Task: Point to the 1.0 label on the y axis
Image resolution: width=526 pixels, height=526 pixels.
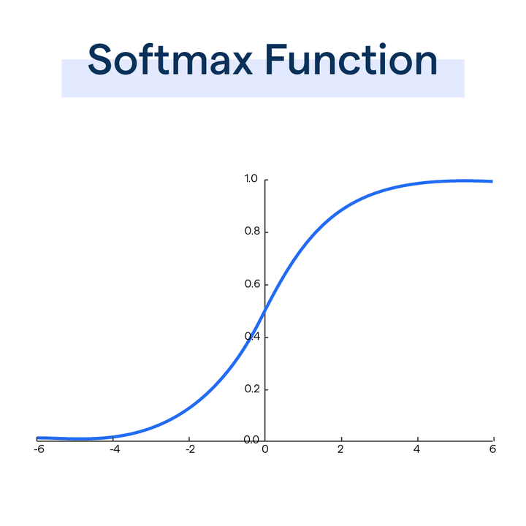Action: (x=252, y=180)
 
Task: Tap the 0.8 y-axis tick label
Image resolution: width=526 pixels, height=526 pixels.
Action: (x=252, y=232)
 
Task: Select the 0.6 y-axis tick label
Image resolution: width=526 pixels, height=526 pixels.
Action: (x=252, y=284)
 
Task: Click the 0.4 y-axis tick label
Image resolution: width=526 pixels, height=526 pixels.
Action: (x=252, y=337)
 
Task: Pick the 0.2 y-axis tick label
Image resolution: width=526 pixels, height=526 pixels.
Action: (x=252, y=389)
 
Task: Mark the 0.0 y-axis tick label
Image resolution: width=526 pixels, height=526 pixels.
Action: (x=252, y=439)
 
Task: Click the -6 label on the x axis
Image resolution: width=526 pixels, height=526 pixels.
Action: (x=39, y=449)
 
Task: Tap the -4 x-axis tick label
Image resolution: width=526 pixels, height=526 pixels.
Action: (x=115, y=449)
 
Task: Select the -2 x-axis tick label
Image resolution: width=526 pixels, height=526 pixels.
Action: (x=189, y=449)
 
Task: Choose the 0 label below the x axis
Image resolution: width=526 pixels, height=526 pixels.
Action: (x=265, y=449)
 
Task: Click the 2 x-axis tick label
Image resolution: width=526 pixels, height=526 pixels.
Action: (x=341, y=449)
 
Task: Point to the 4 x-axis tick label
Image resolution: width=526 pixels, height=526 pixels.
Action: (x=417, y=449)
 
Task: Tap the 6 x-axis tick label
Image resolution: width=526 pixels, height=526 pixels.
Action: (x=493, y=449)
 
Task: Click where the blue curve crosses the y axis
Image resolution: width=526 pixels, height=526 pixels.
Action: (x=265, y=310)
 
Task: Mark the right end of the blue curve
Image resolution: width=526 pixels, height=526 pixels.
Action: (x=492, y=181)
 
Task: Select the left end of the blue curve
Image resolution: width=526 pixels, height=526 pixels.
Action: (x=38, y=438)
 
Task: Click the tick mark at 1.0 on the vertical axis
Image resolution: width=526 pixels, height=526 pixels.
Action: (x=267, y=180)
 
